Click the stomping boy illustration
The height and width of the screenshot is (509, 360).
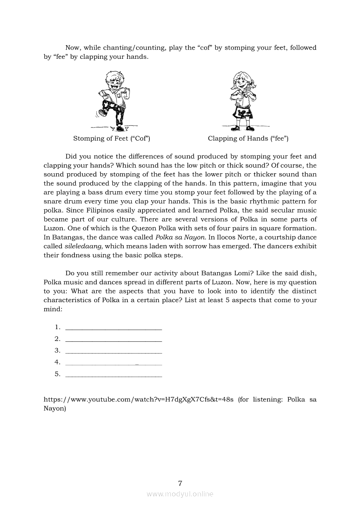[111, 101]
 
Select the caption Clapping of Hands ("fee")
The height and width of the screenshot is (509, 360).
[248, 138]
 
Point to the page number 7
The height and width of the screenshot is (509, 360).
[180, 483]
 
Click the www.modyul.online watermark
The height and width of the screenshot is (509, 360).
[180, 494]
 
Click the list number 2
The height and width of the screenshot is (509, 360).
[57, 339]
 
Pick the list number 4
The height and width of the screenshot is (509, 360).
[57, 362]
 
